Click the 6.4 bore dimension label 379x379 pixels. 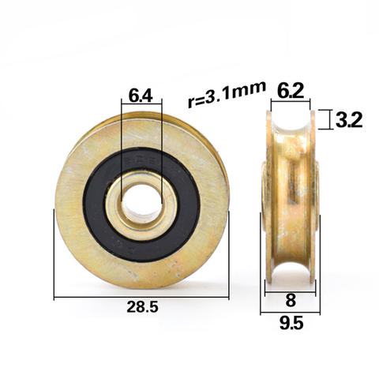[x=141, y=96]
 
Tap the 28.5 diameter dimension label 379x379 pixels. [x=142, y=307]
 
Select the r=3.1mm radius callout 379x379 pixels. [x=227, y=94]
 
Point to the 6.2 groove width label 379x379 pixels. [x=291, y=91]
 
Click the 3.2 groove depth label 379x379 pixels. [x=349, y=120]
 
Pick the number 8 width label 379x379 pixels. [x=291, y=300]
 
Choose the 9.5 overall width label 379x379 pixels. [x=291, y=324]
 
